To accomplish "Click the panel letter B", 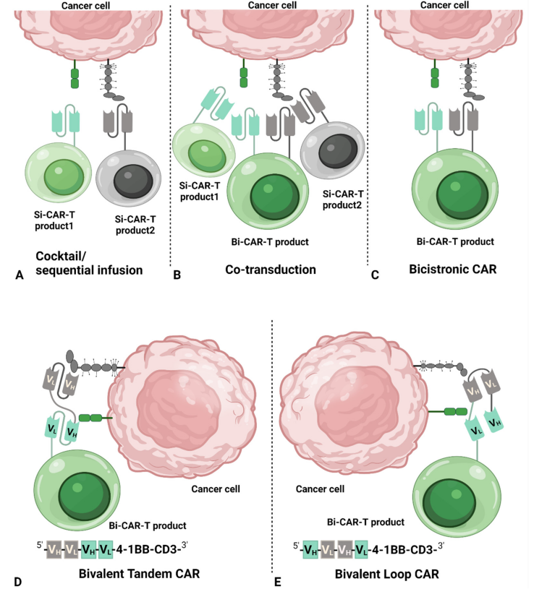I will [x=177, y=275].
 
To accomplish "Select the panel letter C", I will [x=374, y=275].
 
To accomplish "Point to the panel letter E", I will [x=277, y=577].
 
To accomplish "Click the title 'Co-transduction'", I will [x=270, y=269].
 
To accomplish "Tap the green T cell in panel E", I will [x=453, y=497].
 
